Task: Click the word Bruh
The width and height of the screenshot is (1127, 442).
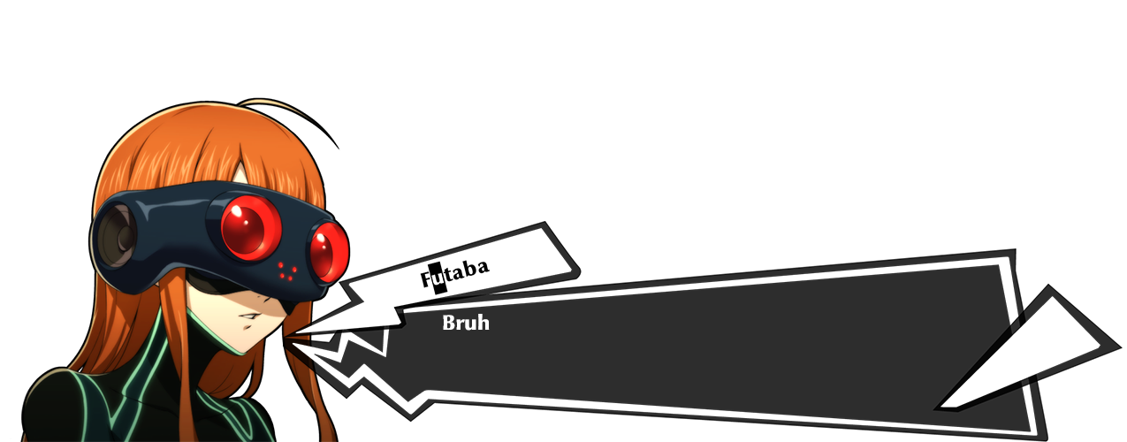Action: tap(465, 323)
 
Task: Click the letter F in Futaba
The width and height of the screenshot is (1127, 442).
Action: tap(425, 281)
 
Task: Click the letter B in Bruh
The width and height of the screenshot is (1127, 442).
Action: tap(448, 323)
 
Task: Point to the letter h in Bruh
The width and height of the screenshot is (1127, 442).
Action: tap(483, 323)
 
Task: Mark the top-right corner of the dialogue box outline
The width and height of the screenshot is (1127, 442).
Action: tap(1005, 261)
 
